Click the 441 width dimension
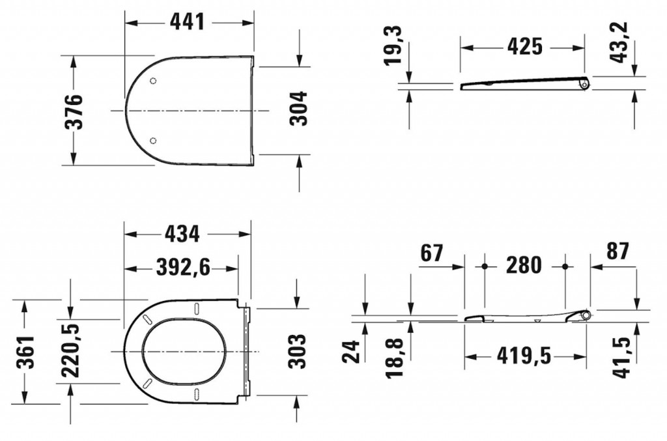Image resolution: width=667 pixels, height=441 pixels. (x=188, y=21)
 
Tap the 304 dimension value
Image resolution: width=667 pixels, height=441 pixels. (x=298, y=108)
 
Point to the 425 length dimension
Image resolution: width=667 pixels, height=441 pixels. (x=525, y=46)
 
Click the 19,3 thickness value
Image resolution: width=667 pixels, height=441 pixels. (x=393, y=45)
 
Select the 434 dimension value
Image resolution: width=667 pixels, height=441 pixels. (x=182, y=234)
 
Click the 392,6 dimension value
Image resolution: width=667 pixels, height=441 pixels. (x=183, y=268)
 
